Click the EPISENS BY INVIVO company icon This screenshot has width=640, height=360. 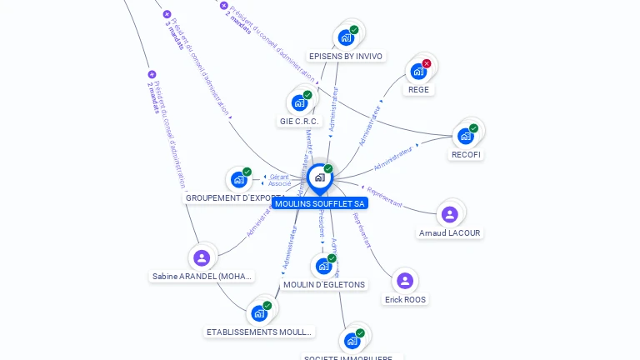coord(346,37)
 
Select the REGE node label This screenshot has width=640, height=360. coord(418,90)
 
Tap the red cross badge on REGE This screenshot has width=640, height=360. coord(427,63)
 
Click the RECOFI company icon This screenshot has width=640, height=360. coord(465,136)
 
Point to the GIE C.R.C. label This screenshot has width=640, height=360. coord(299,122)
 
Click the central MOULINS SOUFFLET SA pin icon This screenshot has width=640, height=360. coord(319,177)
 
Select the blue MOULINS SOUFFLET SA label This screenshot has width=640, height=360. coord(320,203)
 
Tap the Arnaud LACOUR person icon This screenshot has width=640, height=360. coord(449,214)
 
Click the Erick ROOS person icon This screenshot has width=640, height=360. coord(405,281)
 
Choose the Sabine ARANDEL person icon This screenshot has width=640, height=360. coord(201,257)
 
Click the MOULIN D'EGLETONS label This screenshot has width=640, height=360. coord(324,284)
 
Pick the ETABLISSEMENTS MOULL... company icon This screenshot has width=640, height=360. coord(259,313)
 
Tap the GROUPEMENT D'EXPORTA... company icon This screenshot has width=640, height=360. coord(239,179)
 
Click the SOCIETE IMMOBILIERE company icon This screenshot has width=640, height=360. coord(352,340)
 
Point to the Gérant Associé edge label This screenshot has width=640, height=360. coord(279,180)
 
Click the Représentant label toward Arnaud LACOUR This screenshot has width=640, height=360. coord(385,197)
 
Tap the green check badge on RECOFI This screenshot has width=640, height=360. coord(473,128)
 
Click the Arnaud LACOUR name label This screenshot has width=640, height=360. coord(450,233)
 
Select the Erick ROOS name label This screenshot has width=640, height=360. coord(406,299)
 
